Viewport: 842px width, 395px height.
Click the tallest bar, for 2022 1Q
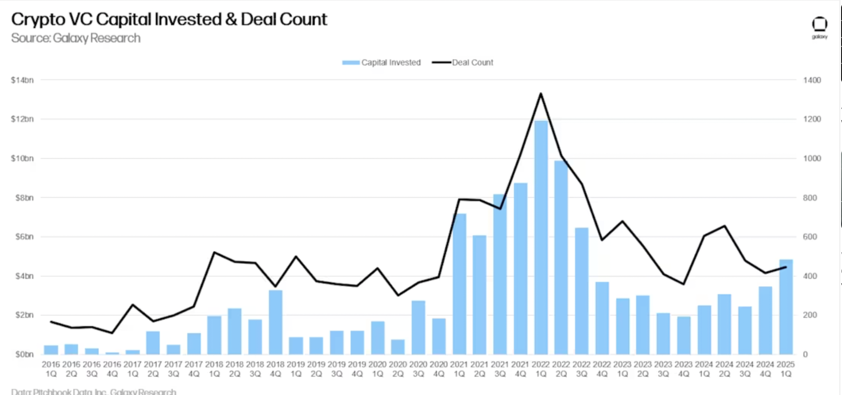pos(540,237)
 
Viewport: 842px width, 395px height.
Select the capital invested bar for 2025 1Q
pos(786,307)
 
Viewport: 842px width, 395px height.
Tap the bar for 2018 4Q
pos(275,322)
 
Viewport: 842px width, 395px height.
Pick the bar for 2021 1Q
pos(459,284)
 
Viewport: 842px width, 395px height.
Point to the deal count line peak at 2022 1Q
pos(540,94)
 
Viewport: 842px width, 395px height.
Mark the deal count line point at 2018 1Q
pos(214,253)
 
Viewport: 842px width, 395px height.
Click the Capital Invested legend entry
pos(382,63)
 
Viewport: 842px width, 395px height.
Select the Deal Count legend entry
pos(463,63)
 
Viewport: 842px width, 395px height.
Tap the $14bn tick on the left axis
pos(22,80)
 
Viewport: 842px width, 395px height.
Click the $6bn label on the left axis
pos(24,237)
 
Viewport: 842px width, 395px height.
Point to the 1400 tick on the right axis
pos(812,80)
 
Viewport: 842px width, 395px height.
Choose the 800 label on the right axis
pos(810,198)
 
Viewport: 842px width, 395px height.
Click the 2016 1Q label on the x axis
pos(51,369)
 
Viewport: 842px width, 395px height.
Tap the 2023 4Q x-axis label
pos(684,369)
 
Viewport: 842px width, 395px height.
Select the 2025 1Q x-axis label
pos(786,369)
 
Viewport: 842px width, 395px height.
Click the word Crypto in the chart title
pos(38,19)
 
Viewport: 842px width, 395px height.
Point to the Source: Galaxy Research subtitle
pos(76,38)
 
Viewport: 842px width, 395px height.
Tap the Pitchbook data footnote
pos(94,392)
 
